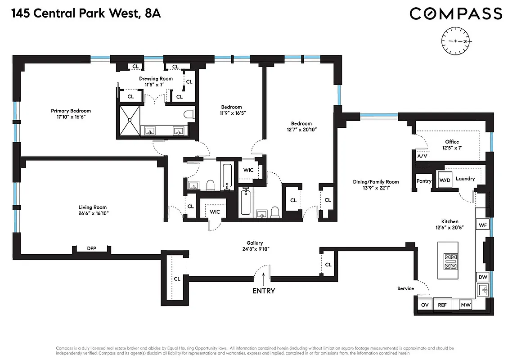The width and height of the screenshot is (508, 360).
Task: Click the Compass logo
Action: (x=455, y=14)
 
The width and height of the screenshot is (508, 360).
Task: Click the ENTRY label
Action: (x=264, y=291)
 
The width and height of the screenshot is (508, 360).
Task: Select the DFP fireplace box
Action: (x=92, y=248)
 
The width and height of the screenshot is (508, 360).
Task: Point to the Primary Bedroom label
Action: (x=71, y=111)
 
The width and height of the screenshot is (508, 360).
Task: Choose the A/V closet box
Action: (x=422, y=156)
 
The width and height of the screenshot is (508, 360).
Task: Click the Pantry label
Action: (x=424, y=181)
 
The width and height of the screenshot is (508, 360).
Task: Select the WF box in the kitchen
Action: (x=483, y=225)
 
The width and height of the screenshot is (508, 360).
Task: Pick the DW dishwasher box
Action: (x=482, y=277)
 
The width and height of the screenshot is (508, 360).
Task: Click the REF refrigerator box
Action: (x=442, y=305)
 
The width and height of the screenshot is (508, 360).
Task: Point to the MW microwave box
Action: (x=465, y=305)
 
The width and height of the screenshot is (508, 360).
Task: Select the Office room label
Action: (x=452, y=142)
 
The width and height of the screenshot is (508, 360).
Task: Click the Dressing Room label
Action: (x=156, y=79)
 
